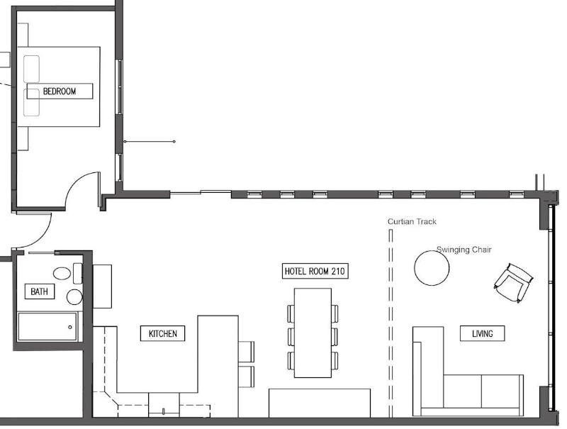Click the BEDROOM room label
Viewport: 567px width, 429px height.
point(60,91)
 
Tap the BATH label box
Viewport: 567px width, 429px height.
point(40,291)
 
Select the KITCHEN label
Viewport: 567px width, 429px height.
point(163,333)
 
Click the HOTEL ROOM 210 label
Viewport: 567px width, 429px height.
point(315,271)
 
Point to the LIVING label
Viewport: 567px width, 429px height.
point(483,333)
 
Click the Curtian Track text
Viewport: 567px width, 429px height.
point(412,221)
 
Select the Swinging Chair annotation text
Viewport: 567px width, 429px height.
point(464,250)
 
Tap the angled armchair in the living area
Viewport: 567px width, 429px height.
point(513,283)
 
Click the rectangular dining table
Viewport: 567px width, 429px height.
point(313,333)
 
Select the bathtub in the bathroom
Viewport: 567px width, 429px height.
point(47,327)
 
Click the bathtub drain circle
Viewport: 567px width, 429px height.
point(70,328)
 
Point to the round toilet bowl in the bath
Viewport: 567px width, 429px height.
point(75,297)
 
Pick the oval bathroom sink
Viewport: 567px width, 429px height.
point(62,273)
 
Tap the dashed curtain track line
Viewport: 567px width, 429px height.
point(391,323)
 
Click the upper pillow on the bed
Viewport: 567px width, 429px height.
point(31,69)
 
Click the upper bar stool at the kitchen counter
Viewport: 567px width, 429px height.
point(246,351)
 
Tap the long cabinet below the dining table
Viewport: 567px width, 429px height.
point(320,403)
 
